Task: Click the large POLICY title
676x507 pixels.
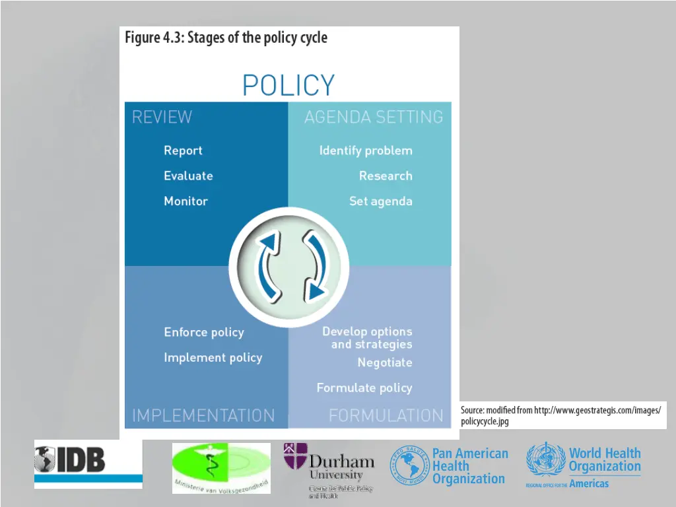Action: click(x=288, y=86)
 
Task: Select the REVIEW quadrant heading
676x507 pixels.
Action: click(x=162, y=118)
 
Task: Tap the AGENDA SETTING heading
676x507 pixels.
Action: click(x=373, y=118)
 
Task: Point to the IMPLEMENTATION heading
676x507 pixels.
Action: click(x=203, y=416)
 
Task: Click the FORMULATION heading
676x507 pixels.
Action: click(x=386, y=416)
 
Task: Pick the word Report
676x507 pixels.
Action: click(x=183, y=151)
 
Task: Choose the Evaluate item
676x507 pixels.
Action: click(x=188, y=176)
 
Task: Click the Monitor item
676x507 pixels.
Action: click(x=186, y=201)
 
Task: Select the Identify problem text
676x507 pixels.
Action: click(x=366, y=151)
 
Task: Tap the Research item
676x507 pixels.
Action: click(x=386, y=176)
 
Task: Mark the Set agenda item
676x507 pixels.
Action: click(x=381, y=201)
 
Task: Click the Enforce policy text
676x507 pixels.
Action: click(x=204, y=332)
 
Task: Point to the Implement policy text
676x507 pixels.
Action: click(x=213, y=358)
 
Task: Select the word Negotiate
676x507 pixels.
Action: click(x=385, y=362)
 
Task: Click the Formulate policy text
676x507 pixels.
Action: click(x=364, y=388)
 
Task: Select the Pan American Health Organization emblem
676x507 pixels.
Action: click(x=409, y=465)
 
